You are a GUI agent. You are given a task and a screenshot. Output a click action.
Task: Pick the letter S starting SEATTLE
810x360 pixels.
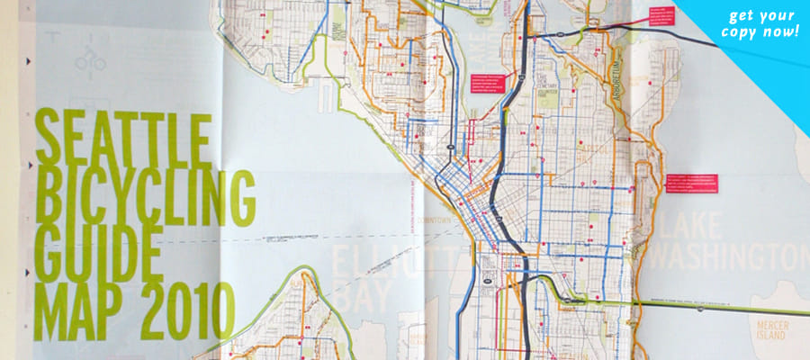coord(47,137)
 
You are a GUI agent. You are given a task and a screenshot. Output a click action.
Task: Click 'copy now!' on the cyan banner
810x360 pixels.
coord(760,33)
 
